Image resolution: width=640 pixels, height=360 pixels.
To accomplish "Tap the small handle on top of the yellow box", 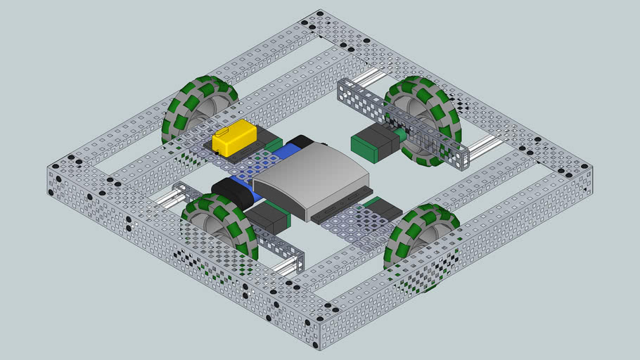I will coord(224,131).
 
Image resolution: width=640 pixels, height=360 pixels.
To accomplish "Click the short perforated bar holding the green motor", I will coord(401,124).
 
